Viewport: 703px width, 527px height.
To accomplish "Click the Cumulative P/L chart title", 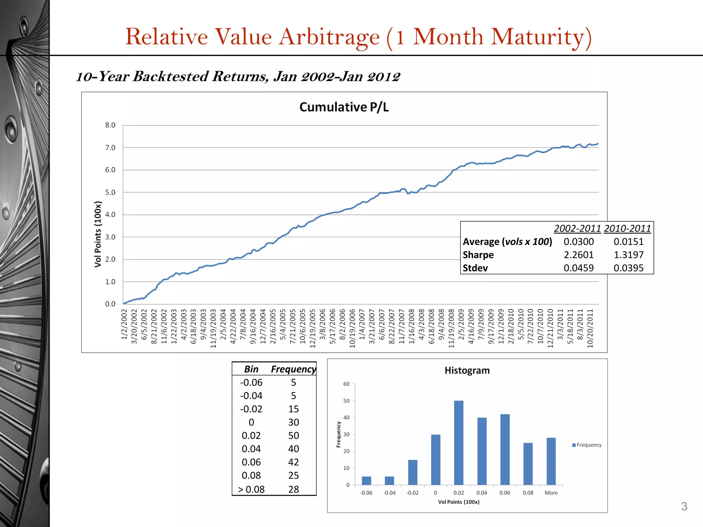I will pyautogui.click(x=344, y=107).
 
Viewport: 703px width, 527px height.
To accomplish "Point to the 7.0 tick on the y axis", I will pyautogui.click(x=110, y=148).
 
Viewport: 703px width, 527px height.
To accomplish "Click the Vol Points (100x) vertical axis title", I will pyautogui.click(x=98, y=234).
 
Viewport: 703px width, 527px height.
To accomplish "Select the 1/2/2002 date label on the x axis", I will pyautogui.click(x=124, y=324).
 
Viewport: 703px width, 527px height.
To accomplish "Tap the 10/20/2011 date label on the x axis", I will pyautogui.click(x=590, y=328).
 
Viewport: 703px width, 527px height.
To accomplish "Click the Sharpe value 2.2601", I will pyautogui.click(x=578, y=255).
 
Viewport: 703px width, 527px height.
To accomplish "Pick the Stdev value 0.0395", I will pyautogui.click(x=628, y=268).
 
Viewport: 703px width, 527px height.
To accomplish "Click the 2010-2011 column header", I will pyautogui.click(x=627, y=229).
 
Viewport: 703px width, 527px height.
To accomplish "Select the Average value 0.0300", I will pyautogui.click(x=578, y=242).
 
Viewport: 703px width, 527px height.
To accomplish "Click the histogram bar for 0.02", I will pyautogui.click(x=459, y=443).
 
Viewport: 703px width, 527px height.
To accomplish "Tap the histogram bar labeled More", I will pyautogui.click(x=551, y=461).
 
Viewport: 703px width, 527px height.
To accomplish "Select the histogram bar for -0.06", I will pyautogui.click(x=366, y=480).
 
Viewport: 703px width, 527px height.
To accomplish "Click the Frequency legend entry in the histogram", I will pyautogui.click(x=587, y=445).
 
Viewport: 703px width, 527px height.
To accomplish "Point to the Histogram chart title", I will pyautogui.click(x=467, y=371).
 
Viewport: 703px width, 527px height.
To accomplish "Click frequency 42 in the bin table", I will pyautogui.click(x=293, y=462).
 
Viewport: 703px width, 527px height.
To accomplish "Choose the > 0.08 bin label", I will pyautogui.click(x=251, y=489).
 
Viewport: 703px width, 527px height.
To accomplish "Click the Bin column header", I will pyautogui.click(x=251, y=369).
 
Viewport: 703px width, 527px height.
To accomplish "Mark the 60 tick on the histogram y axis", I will pyautogui.click(x=346, y=384).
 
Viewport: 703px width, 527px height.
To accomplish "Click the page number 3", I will pyautogui.click(x=684, y=506).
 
